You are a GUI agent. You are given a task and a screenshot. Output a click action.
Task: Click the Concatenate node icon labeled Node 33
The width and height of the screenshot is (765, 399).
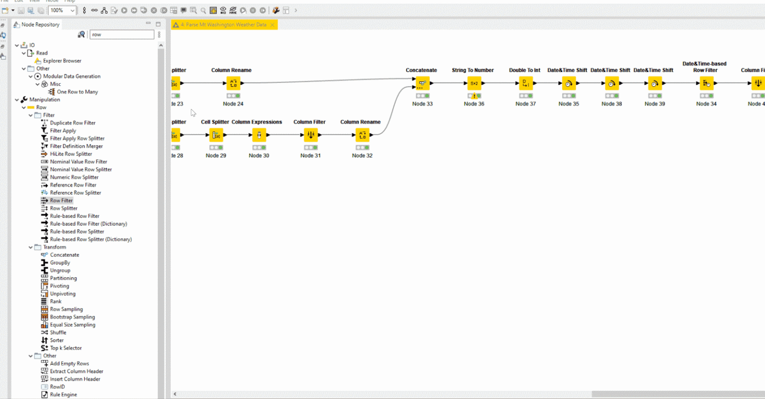coord(422,83)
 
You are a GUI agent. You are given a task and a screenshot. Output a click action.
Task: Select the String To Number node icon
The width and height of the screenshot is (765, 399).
coord(474,83)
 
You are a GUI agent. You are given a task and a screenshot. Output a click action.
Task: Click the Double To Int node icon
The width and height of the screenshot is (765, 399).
coord(525,83)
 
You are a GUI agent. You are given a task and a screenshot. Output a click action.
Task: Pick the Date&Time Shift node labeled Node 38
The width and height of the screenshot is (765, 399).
coord(612,83)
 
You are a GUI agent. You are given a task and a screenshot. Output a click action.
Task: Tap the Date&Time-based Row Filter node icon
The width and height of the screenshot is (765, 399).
coord(706,83)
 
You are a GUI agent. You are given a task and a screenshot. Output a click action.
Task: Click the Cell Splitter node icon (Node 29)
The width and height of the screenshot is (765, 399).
coord(216,135)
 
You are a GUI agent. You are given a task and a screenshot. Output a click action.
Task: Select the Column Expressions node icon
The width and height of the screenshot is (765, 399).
coord(259,135)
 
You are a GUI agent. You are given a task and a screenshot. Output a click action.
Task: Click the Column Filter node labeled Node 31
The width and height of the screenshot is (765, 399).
coord(310,135)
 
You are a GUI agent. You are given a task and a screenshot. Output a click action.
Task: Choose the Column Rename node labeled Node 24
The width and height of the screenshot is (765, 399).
coord(233,83)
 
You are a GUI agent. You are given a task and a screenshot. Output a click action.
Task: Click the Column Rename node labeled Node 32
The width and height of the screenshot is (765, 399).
coord(362,135)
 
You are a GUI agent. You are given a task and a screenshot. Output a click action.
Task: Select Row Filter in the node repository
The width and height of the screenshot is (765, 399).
coord(61,200)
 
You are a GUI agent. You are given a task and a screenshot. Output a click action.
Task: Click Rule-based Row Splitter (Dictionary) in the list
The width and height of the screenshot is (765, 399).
coord(91,239)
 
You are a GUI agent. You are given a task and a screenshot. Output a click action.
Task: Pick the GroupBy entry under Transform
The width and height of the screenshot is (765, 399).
coord(60,263)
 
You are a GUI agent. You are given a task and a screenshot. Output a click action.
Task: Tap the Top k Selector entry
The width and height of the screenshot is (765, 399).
coord(66,348)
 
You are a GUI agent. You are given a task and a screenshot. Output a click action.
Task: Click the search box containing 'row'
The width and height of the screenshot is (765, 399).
coord(121,34)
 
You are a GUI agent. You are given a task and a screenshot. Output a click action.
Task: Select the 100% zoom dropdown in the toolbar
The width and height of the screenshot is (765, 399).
coord(62,10)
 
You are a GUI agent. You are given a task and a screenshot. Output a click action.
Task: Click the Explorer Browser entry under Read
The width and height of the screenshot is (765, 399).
coord(62,61)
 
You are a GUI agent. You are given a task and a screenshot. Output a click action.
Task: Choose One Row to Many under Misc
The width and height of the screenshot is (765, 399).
coord(77,92)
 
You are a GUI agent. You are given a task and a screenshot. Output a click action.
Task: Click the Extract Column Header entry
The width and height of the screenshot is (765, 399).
coord(76,372)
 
